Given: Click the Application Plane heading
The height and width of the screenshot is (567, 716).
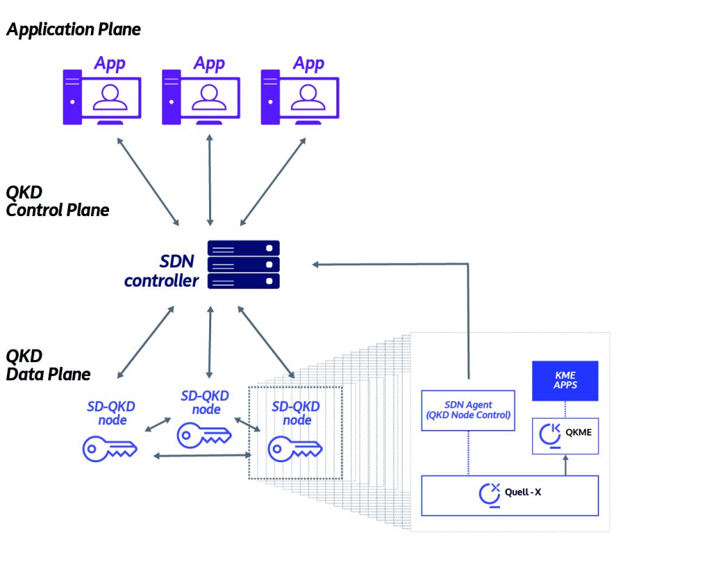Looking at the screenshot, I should pos(73,29).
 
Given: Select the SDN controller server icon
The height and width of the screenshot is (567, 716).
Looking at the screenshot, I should pos(243,265).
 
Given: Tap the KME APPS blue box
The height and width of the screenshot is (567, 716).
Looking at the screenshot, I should pos(565,380).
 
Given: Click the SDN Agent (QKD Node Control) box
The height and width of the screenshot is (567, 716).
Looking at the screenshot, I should pos(468,410).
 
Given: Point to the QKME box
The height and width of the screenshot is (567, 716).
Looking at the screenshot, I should pos(565,436).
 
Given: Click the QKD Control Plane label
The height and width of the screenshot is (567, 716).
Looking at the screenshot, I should pos(57,201).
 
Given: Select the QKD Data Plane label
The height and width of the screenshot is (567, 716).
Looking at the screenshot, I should pos(48,365).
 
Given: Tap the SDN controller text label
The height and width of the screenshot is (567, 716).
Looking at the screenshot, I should pos(162,271).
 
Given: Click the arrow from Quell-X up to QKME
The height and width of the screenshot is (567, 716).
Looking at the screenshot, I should pos(565,464).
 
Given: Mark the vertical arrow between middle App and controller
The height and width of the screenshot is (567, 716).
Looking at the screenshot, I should pos(209,180).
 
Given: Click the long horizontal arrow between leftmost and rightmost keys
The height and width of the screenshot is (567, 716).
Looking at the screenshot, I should pos(203,456).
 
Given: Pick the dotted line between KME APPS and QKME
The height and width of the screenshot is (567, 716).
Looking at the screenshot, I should pos(565,410).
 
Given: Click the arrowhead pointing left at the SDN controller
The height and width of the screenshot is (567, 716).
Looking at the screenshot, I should pos(317,264).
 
